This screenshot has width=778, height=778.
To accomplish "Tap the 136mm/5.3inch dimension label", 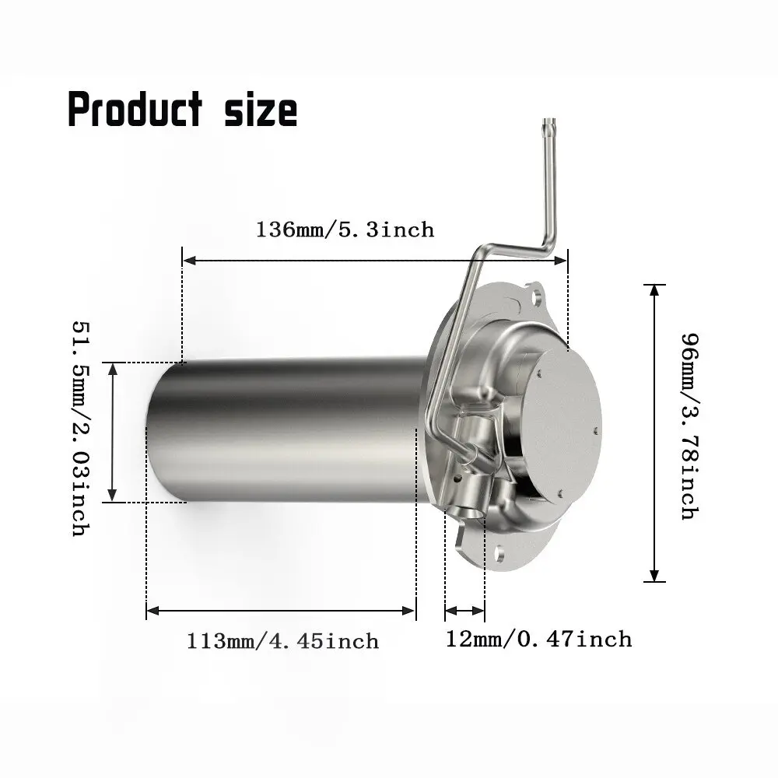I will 345,230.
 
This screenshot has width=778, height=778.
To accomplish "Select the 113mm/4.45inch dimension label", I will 282,641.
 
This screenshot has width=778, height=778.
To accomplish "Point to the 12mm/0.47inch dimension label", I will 538,639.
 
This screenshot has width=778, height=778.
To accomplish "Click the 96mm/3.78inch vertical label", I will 689,426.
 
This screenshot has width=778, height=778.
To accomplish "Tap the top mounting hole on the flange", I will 538,296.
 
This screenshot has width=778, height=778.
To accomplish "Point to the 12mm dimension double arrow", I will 464,611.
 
